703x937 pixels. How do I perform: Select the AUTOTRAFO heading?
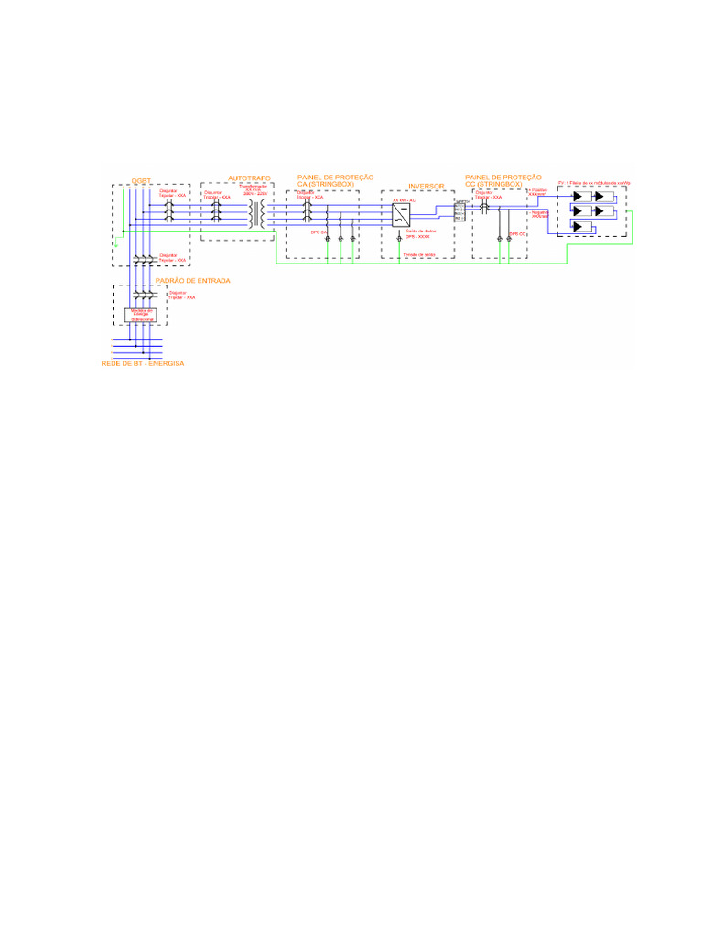tap(249, 178)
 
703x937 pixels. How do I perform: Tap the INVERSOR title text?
tap(426, 186)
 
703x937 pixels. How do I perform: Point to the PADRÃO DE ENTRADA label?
tap(192, 280)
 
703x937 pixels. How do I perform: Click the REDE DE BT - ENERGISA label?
tap(143, 363)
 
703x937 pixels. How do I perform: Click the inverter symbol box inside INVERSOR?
tap(401, 216)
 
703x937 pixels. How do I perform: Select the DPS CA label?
tap(319, 232)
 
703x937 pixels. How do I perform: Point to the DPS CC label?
tap(517, 234)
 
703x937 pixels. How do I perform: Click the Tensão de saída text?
tap(417, 253)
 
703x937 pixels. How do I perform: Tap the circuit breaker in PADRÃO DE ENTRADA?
tap(142, 296)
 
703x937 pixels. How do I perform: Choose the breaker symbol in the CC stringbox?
tap(483, 210)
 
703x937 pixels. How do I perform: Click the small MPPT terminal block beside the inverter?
tap(460, 210)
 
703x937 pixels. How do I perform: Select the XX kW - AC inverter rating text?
tap(404, 199)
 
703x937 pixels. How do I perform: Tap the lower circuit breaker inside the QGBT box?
tap(142, 260)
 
